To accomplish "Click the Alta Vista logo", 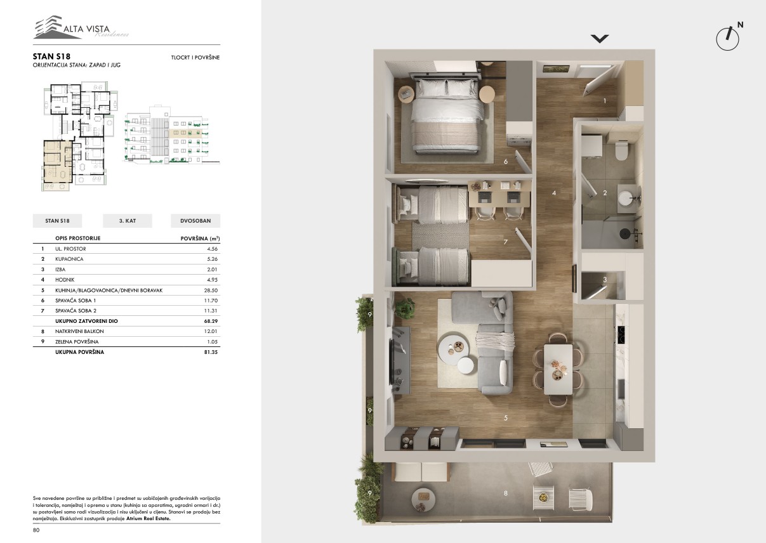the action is click(81, 27).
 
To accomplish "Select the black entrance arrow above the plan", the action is click(600, 39).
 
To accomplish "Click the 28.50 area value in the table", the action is click(211, 290).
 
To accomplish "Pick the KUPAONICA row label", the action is click(69, 259).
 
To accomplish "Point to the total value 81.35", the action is click(211, 352).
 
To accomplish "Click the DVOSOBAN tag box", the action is click(195, 221).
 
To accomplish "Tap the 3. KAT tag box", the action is click(128, 221).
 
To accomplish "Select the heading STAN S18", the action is click(51, 56).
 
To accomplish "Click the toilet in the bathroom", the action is click(621, 151).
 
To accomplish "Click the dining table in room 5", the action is click(558, 369).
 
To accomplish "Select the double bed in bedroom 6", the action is click(447, 116).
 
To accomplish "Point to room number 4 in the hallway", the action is click(554, 193).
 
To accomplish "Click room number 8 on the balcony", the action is click(505, 493).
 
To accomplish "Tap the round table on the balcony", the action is click(424, 499).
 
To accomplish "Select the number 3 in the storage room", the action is click(605, 280).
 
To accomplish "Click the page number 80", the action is click(36, 530).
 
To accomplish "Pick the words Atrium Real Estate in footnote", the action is click(148, 518).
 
